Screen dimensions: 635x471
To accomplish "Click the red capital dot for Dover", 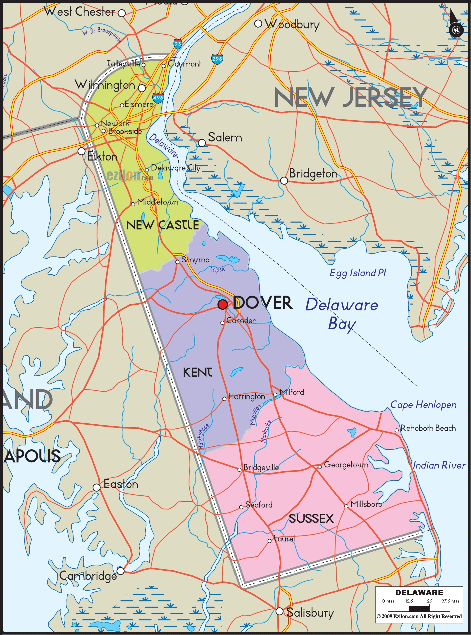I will pyautogui.click(x=223, y=304).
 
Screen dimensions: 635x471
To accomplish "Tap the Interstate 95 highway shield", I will pyautogui.click(x=178, y=44).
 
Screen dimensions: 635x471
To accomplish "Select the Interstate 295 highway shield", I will pyautogui.click(x=217, y=59).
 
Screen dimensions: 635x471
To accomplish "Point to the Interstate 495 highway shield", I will pyautogui.click(x=158, y=98).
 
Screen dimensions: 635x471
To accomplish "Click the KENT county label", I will pyautogui.click(x=197, y=372).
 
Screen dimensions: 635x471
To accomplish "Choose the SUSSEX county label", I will pyautogui.click(x=311, y=519).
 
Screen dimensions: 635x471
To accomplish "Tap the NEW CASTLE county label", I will pyautogui.click(x=163, y=225).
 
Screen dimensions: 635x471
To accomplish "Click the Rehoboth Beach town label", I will pyautogui.click(x=428, y=428).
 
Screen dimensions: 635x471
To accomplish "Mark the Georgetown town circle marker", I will pyautogui.click(x=320, y=467).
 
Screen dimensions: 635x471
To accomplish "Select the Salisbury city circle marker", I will pyautogui.click(x=280, y=611).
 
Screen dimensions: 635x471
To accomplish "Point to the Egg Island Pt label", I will pyautogui.click(x=358, y=273).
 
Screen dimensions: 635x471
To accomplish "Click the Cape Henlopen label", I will pyautogui.click(x=423, y=405).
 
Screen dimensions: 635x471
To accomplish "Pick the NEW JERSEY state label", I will pyautogui.click(x=350, y=97).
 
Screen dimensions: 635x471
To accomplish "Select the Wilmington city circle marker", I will pyautogui.click(x=142, y=88).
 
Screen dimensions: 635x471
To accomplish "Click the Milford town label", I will pyautogui.click(x=292, y=392).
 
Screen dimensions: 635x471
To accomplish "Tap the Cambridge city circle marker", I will pyautogui.click(x=121, y=571).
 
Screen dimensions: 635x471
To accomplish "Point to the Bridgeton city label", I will pyautogui.click(x=313, y=174).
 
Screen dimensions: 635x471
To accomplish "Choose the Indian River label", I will pyautogui.click(x=439, y=465).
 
